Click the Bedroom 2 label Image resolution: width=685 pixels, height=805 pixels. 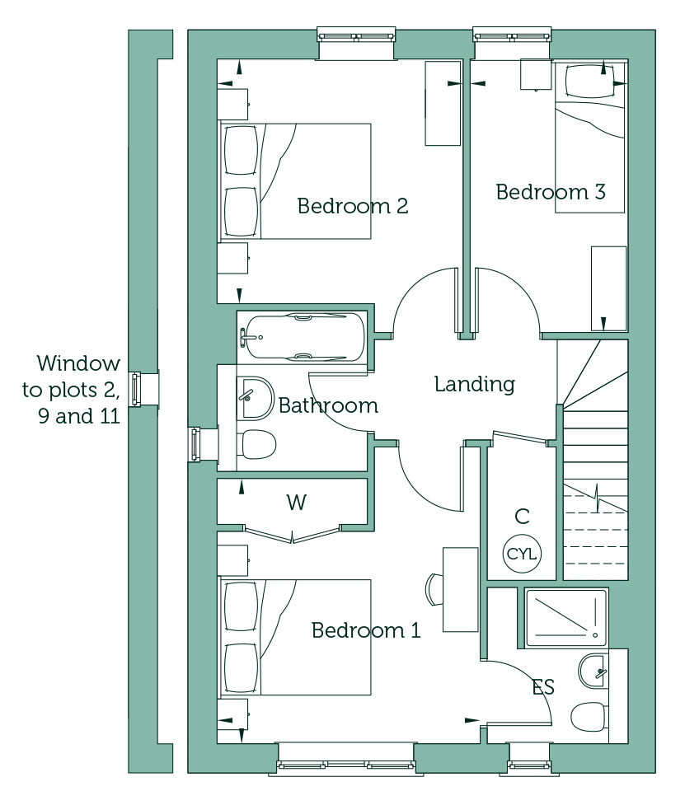point(353,206)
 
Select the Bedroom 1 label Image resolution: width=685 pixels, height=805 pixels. point(366,630)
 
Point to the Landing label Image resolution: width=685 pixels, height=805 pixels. point(475,384)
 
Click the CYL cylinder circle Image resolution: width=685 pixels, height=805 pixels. point(521,554)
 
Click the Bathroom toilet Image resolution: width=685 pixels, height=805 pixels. point(259,444)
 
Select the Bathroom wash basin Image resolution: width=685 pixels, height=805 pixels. point(256,397)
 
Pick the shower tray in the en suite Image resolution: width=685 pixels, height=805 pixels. point(565,618)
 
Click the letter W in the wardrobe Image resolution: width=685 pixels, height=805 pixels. point(297,502)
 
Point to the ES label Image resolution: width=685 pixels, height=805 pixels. point(543,686)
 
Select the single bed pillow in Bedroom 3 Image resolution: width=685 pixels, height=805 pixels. point(589,82)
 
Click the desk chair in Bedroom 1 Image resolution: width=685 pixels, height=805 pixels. point(434,588)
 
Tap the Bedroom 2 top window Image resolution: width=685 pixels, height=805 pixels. point(357,35)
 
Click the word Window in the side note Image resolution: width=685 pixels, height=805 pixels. point(78,363)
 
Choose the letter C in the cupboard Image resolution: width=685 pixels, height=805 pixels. point(522,516)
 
